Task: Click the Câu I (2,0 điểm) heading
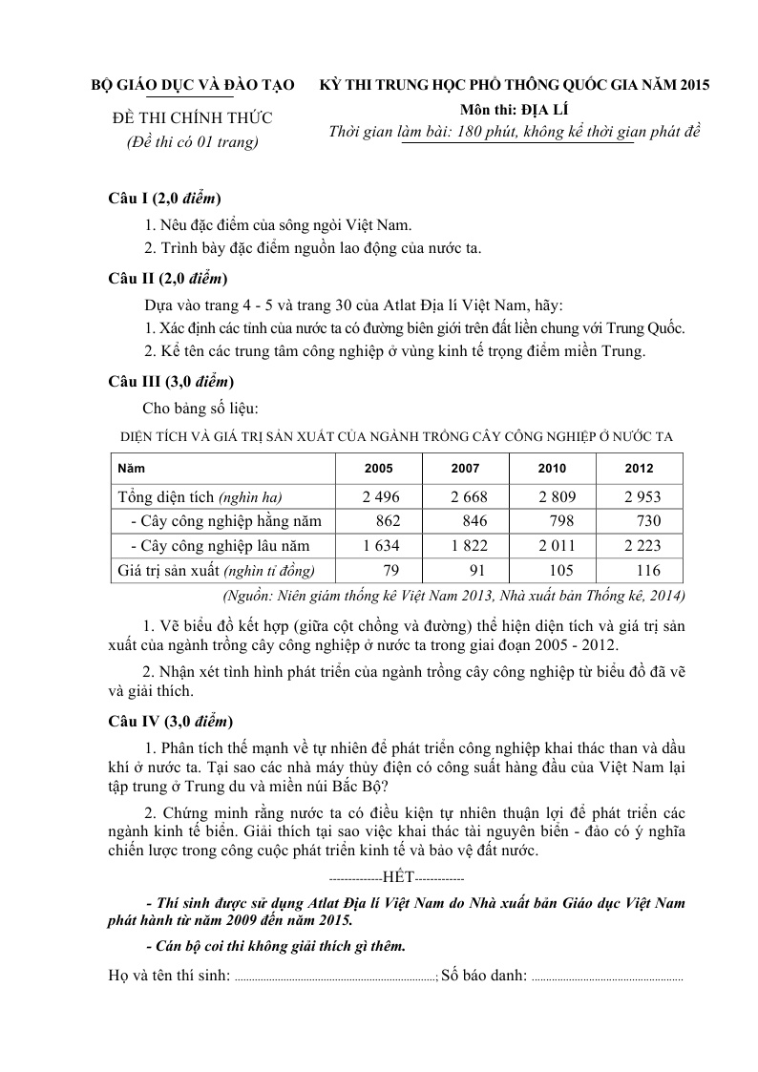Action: (165, 199)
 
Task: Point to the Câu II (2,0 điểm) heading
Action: (168, 279)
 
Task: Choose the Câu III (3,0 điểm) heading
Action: (171, 382)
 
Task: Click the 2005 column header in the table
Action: (379, 469)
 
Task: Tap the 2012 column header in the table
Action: (639, 469)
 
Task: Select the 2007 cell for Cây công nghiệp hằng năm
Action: (468, 521)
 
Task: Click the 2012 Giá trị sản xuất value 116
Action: (647, 571)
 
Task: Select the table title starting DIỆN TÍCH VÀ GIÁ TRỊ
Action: (396, 436)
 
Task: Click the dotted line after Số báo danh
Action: (606, 978)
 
